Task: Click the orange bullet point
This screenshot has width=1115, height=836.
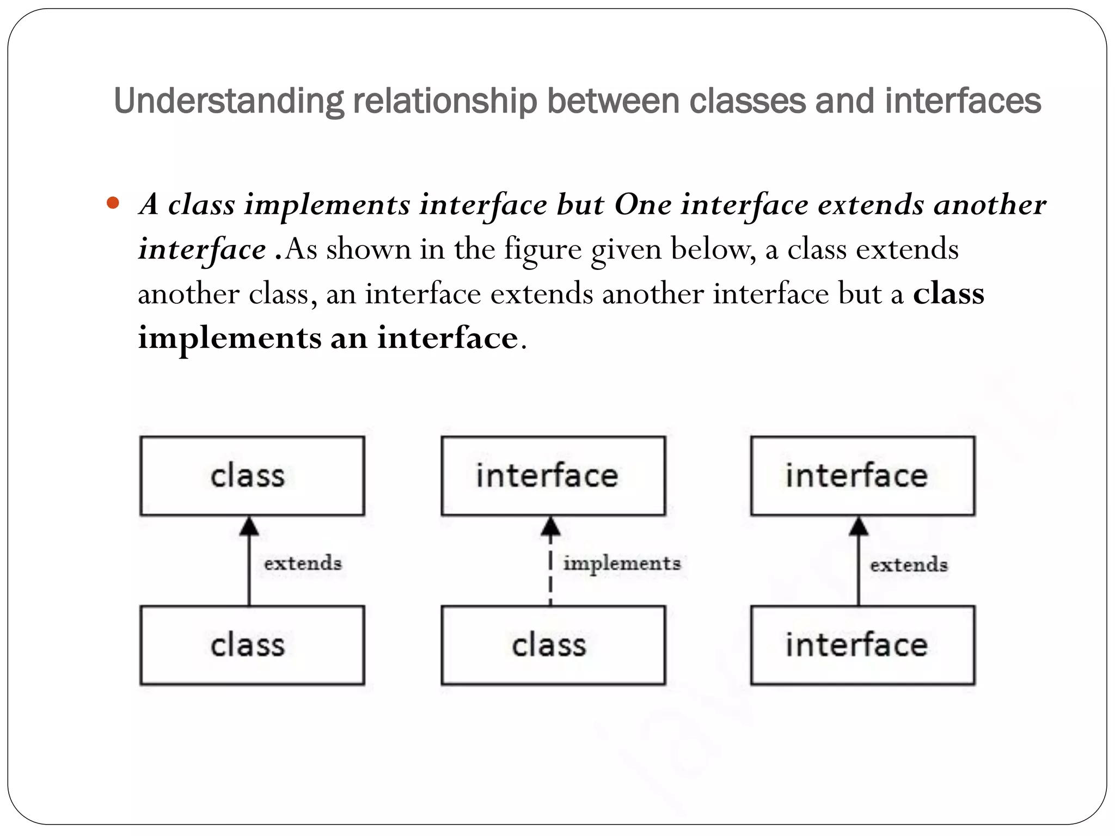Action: [113, 204]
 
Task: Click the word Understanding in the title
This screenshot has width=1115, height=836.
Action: [228, 101]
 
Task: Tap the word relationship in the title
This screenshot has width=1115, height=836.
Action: [445, 101]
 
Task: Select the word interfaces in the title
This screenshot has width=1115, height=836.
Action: [962, 101]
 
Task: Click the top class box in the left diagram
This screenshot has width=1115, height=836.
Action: [252, 476]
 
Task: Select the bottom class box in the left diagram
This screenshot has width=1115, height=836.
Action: [252, 645]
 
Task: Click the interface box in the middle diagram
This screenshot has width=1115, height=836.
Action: [553, 476]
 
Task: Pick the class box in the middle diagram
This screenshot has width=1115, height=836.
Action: [553, 645]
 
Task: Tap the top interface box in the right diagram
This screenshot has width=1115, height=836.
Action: [862, 476]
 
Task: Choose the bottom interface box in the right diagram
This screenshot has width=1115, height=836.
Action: [862, 645]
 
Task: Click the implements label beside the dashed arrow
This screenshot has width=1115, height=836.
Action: [622, 563]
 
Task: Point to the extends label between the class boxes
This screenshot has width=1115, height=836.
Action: [303, 563]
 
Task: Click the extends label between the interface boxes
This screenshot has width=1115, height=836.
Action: [909, 564]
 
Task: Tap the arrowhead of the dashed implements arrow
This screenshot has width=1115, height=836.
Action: [550, 526]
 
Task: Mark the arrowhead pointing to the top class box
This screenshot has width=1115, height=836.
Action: [249, 526]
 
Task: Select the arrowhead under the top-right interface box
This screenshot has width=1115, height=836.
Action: [859, 526]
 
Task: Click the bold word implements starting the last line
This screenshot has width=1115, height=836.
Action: [229, 339]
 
